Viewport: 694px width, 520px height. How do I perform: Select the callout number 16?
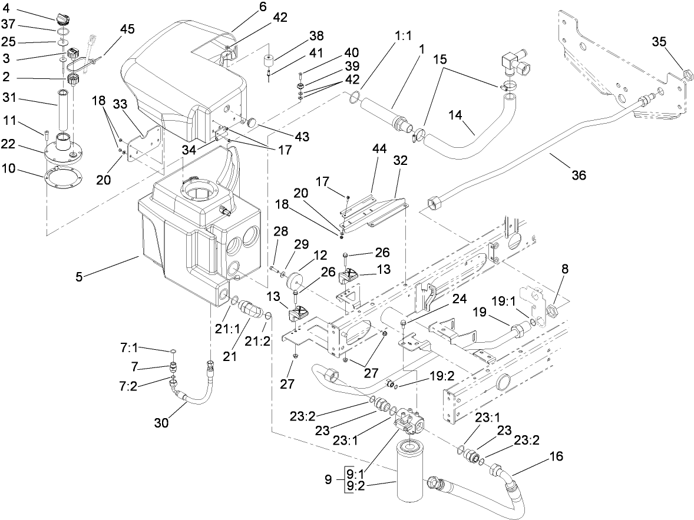[556, 456]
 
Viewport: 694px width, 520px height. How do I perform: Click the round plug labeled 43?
[253, 122]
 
